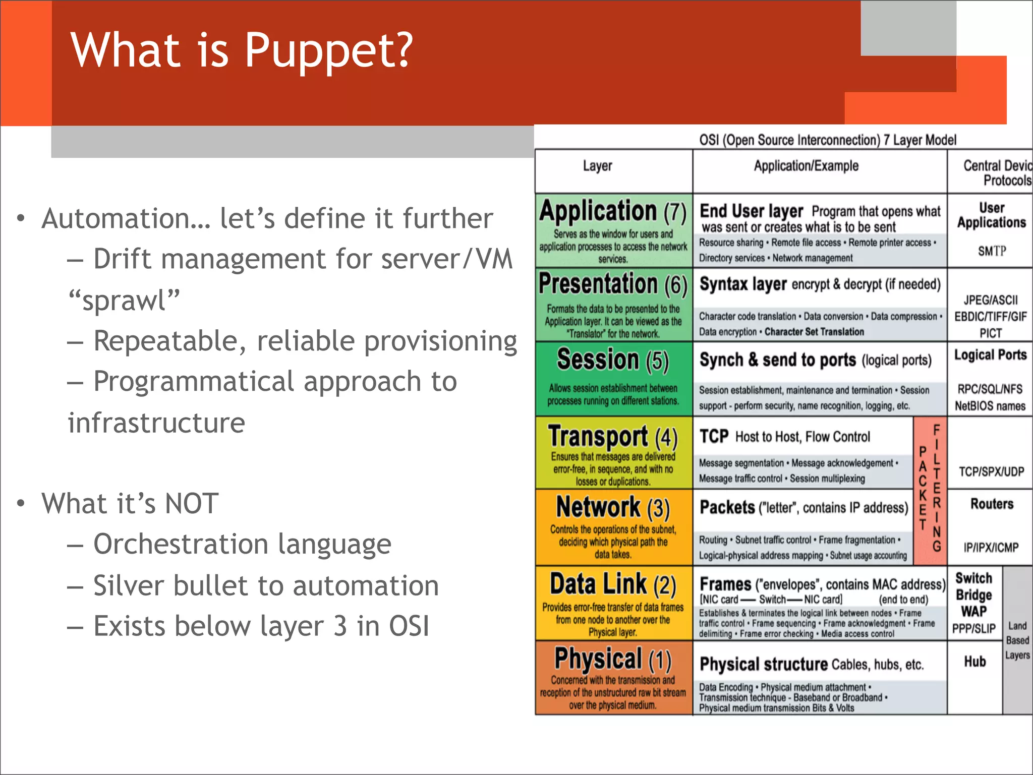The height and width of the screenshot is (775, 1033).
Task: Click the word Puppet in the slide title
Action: [x=328, y=50]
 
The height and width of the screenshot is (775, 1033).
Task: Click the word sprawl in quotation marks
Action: [x=124, y=301]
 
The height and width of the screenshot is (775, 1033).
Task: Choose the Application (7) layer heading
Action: [x=613, y=211]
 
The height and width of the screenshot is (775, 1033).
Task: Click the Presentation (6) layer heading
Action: [x=613, y=284]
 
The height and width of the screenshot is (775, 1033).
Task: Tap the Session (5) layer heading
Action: [x=613, y=360]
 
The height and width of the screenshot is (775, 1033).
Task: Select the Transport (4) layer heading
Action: [x=613, y=437]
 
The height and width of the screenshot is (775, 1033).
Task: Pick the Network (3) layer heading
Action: [x=613, y=507]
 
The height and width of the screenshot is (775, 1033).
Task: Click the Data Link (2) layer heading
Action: [x=613, y=584]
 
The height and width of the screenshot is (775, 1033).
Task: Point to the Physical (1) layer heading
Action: [x=613, y=659]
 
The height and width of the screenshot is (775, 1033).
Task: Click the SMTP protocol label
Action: [x=992, y=251]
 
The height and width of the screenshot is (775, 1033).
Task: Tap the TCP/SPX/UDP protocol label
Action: [x=991, y=471]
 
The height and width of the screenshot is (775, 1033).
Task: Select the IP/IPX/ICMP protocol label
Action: [x=991, y=547]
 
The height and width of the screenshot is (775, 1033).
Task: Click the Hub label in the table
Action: [x=974, y=662]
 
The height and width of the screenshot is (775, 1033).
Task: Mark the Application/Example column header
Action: [x=806, y=166]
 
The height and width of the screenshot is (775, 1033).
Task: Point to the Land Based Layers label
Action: [x=1017, y=640]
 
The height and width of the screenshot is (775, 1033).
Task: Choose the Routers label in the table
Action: [x=992, y=504]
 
